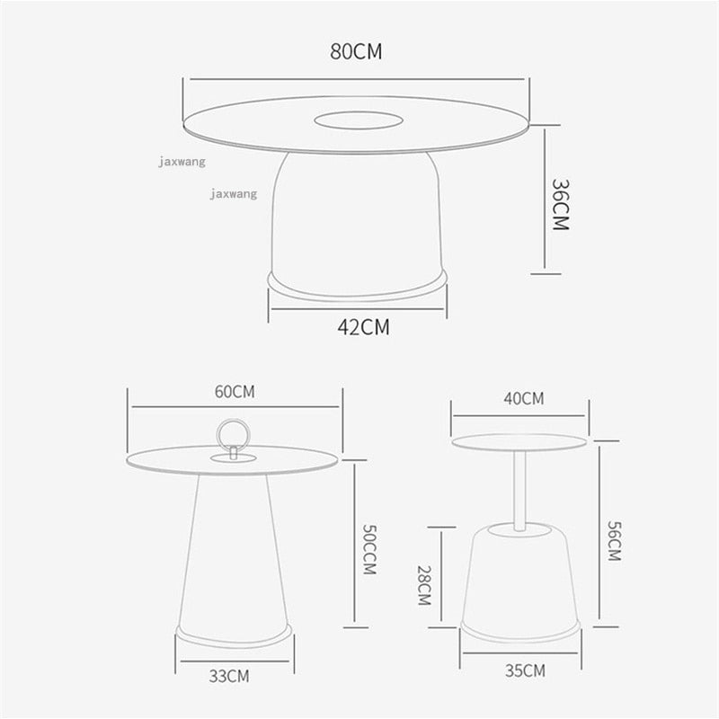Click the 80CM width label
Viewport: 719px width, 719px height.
coord(356,51)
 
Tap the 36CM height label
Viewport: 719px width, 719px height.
coord(560,205)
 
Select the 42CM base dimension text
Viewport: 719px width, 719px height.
coord(363,327)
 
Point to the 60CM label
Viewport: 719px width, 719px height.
coord(235,392)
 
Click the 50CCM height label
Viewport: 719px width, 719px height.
coord(369,549)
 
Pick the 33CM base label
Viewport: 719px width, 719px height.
coord(229,677)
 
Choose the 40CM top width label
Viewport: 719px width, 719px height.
coord(524,398)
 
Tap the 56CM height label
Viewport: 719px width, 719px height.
coord(615,541)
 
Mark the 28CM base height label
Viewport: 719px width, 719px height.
coord(424,585)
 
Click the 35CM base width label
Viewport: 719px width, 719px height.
coord(525,670)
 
